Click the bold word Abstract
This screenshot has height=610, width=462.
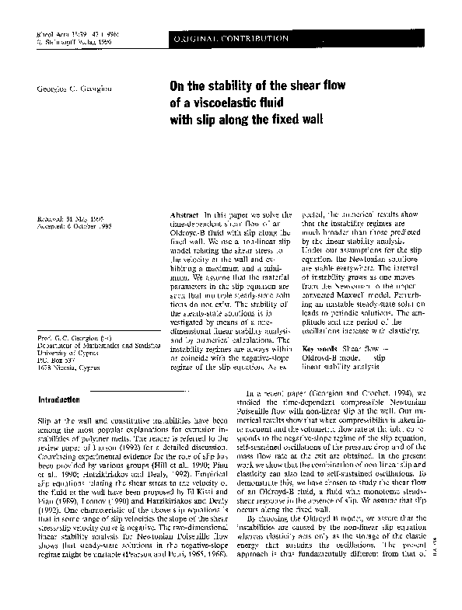click(184, 213)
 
